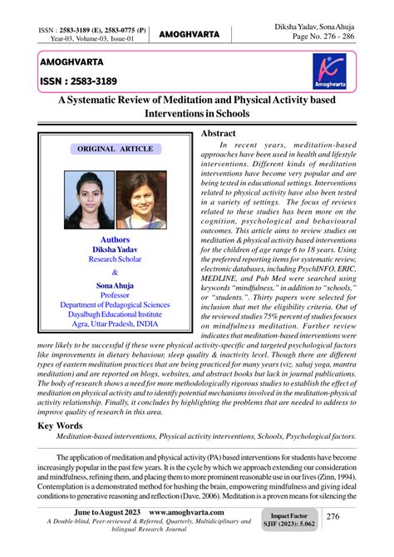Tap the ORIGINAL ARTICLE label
pyautogui.click(x=116, y=149)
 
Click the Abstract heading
pyautogui.click(x=219, y=133)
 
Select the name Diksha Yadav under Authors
pyautogui.click(x=116, y=249)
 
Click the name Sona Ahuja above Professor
pyautogui.click(x=116, y=285)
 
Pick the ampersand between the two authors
pyautogui.click(x=116, y=272)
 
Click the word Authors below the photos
pyautogui.click(x=116, y=239)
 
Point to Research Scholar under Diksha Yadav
pyautogui.click(x=116, y=259)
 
